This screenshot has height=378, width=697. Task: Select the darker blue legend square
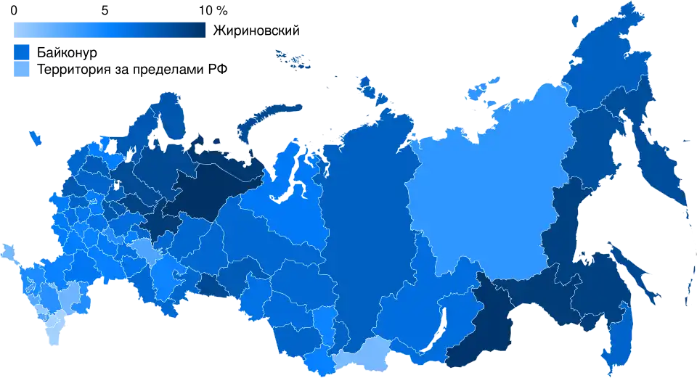point(23,52)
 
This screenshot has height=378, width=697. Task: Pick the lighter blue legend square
point(23,70)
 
